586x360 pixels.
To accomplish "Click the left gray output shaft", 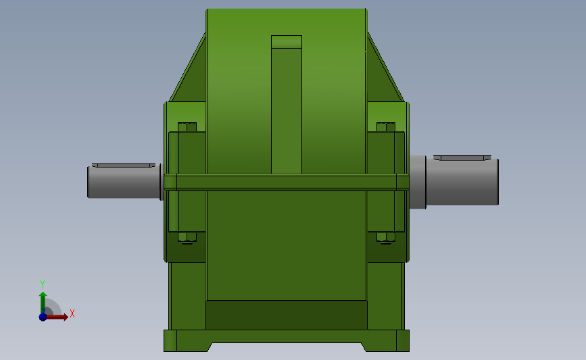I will pos(122,183).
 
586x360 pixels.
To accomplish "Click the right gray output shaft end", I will pos(466,182).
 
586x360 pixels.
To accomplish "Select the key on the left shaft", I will pos(124,165).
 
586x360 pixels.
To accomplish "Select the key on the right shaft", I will pos(462,157).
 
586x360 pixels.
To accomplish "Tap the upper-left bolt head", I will pos(187,127).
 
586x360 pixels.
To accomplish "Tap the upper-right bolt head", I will pos(386,127).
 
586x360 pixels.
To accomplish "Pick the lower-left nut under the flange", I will pos(187,237).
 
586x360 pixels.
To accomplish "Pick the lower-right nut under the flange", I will pos(386,237).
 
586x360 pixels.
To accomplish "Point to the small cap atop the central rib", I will pos(287,42).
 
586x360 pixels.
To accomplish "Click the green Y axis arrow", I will pos(43,300).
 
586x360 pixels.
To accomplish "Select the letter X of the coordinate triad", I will pos(72,313).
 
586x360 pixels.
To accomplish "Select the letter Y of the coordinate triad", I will pos(42,284).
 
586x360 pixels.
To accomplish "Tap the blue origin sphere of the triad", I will pos(43,317).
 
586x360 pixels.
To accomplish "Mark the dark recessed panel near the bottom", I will pos(287,315).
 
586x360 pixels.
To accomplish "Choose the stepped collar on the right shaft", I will pos(418,182).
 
